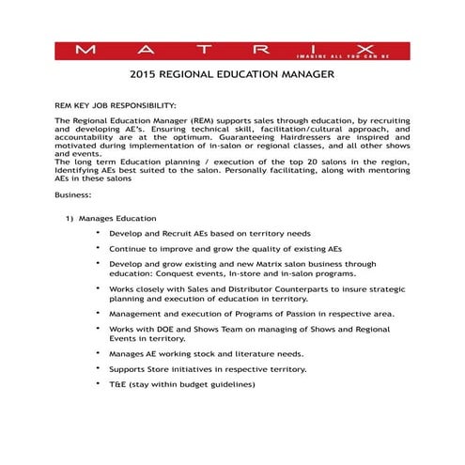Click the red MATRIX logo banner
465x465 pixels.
point(232,48)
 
